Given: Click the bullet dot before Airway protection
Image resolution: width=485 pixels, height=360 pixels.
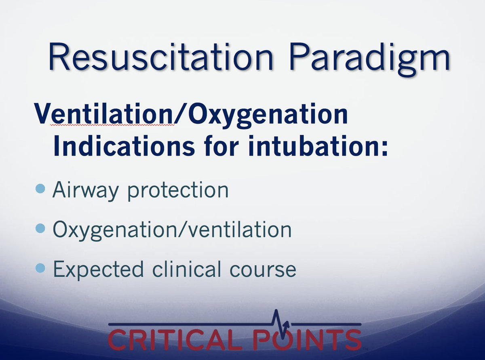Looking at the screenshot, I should (x=40, y=189).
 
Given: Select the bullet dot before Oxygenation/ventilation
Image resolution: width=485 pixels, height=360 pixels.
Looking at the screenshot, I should (x=40, y=229).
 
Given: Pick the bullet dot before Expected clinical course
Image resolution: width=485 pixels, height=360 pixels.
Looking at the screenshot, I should (x=40, y=268).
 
